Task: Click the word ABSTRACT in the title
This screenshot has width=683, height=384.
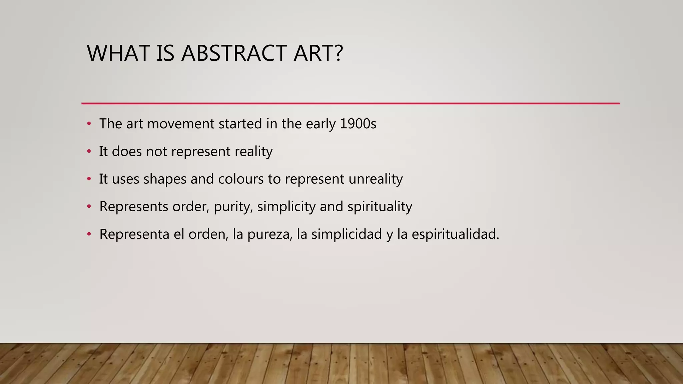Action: [234, 53]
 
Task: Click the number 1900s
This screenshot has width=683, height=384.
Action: [358, 124]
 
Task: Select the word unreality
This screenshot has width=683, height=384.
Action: [376, 179]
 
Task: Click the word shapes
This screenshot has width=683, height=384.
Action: [165, 179]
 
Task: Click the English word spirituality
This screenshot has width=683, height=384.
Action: [380, 207]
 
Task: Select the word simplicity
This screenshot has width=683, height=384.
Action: [286, 207]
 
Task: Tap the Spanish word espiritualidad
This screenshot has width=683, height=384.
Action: [455, 234]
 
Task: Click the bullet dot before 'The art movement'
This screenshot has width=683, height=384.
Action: [89, 124]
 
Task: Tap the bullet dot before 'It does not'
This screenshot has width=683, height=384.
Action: [89, 152]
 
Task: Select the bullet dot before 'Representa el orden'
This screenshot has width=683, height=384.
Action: [89, 234]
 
